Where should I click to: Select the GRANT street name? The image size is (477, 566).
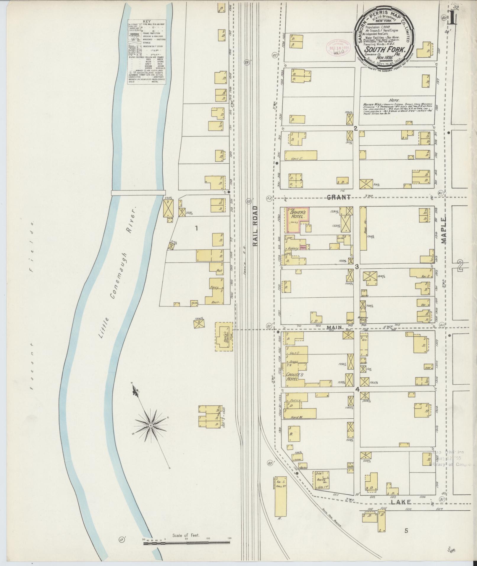click(x=339, y=197)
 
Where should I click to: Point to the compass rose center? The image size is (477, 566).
click(x=151, y=425)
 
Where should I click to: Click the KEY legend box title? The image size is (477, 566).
click(x=147, y=22)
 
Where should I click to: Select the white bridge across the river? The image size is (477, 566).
click(x=138, y=193)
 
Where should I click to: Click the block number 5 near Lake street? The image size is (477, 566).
click(x=406, y=531)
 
